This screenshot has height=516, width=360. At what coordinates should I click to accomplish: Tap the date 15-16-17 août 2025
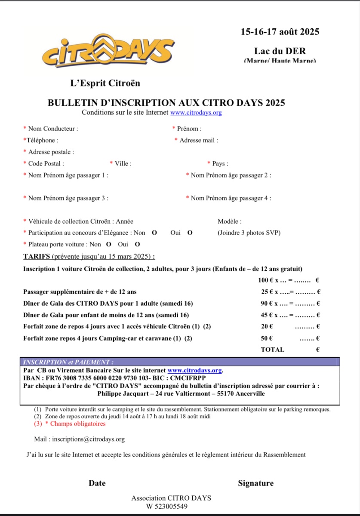(280, 31)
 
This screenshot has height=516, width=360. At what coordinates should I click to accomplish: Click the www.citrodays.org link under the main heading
(196, 113)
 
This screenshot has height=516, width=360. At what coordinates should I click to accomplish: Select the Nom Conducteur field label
(53, 129)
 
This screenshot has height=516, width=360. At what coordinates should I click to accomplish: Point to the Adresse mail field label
(199, 140)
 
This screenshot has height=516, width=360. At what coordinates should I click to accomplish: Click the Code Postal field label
(46, 163)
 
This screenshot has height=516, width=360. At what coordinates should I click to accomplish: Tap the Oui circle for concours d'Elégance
(190, 233)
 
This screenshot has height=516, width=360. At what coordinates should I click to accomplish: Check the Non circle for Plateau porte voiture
(109, 244)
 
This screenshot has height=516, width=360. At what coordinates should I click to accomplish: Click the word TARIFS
(37, 257)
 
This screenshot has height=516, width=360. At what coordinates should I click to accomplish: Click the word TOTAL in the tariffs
(272, 350)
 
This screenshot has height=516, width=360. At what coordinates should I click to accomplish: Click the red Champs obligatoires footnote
(75, 424)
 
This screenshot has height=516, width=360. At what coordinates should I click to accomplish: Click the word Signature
(255, 483)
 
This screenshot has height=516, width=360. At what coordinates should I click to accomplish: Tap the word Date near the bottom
(97, 483)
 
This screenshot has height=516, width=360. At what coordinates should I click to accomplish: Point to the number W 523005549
(167, 507)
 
